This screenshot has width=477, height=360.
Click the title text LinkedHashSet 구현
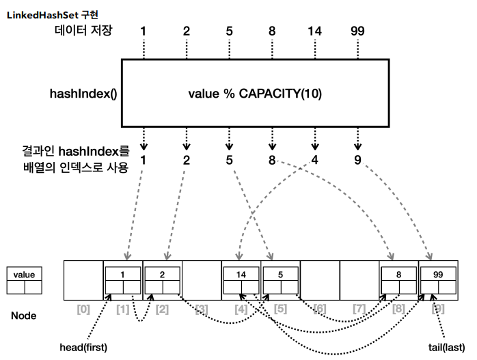[x=53, y=15]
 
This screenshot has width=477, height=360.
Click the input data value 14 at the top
[x=314, y=31]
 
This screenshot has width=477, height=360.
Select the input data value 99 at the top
[x=357, y=31]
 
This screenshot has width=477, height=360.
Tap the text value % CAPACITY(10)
[x=255, y=94]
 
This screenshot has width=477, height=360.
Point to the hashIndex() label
[x=83, y=94]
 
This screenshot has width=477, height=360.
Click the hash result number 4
[x=314, y=160]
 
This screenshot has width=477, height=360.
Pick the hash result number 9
[x=358, y=160]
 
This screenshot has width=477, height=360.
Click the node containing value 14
[x=241, y=280]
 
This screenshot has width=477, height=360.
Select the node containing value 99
[x=438, y=280]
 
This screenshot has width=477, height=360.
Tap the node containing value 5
[x=280, y=280]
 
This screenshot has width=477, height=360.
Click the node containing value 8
[x=399, y=280]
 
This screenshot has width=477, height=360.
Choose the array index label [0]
[x=83, y=309]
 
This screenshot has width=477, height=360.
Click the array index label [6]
[x=320, y=309]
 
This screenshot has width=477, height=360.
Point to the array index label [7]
[x=359, y=309]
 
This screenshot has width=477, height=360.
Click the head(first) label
[x=83, y=347]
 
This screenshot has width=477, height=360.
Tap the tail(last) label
[x=446, y=347]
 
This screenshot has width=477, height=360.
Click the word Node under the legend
[x=24, y=316]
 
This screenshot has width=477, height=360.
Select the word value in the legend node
[x=25, y=275]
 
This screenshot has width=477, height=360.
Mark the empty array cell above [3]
[x=202, y=280]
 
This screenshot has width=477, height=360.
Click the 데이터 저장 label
[x=83, y=30]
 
